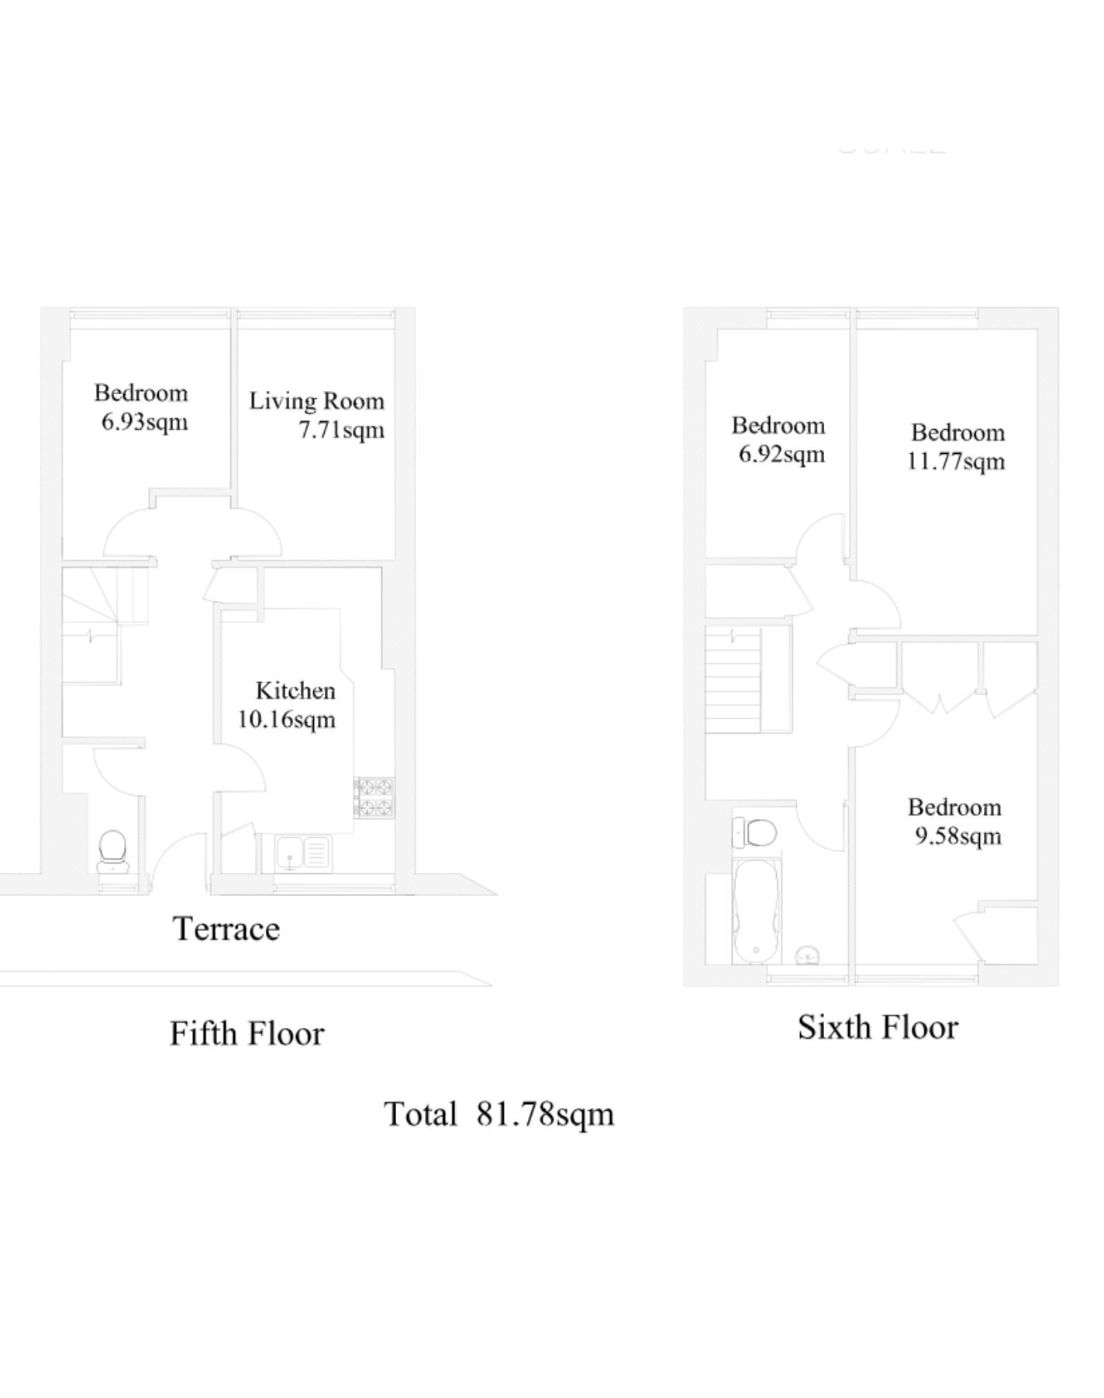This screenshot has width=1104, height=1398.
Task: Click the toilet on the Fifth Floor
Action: pos(113,851)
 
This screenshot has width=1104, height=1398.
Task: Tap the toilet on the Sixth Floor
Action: pos(754,833)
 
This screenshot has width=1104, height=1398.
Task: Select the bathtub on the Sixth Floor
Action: pos(756,910)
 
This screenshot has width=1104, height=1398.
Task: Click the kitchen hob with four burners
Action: pos(374,798)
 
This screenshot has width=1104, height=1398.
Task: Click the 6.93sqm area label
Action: pos(145,423)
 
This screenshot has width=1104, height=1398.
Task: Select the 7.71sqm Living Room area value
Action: pos(342,430)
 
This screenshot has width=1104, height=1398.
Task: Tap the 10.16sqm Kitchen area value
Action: pos(287,719)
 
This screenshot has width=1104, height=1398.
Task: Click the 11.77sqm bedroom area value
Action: pos(956,462)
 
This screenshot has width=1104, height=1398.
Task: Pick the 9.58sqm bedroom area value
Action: pos(958,836)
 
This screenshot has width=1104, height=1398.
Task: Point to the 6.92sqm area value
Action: pos(781,455)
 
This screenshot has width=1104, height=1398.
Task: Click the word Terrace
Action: pos(226,929)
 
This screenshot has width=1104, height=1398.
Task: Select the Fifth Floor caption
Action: pos(247,1033)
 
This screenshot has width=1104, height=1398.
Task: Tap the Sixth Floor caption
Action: pos(878,1027)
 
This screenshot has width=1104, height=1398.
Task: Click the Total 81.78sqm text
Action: pos(499,1114)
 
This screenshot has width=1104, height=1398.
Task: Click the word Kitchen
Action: pos(295,690)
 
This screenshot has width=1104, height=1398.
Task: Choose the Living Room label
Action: pos(316,401)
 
